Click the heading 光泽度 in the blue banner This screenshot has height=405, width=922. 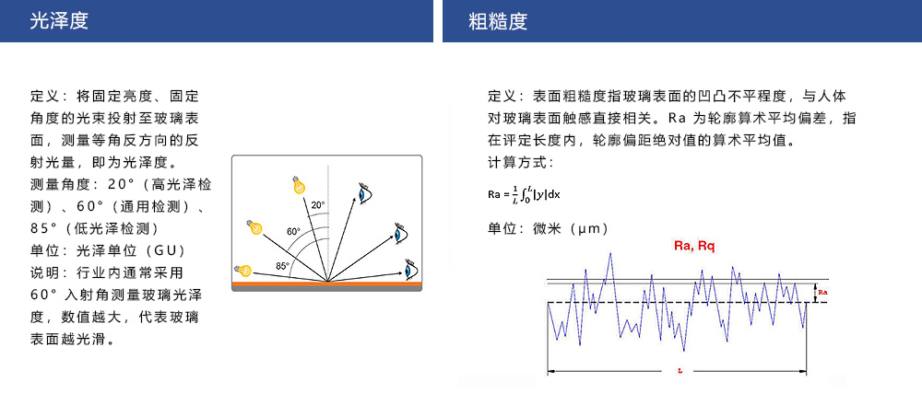tap(59, 22)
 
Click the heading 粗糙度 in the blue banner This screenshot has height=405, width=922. tap(498, 22)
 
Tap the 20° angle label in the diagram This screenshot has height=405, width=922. tap(317, 205)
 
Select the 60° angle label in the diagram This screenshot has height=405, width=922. tap(293, 231)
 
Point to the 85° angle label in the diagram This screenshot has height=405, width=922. tap(282, 265)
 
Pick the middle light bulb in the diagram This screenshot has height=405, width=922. tap(254, 226)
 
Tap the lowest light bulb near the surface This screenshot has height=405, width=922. tap(242, 270)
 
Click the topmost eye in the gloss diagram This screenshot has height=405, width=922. tap(366, 192)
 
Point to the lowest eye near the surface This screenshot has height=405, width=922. tap(411, 269)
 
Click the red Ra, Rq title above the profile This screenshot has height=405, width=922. tap(694, 247)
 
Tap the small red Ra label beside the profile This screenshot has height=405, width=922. tap(823, 292)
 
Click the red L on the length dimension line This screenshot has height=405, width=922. tap(680, 371)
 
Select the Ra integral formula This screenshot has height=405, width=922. tap(524, 193)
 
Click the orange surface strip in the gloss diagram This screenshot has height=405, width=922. tap(327, 283)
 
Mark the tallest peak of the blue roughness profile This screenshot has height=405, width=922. tap(610, 253)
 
